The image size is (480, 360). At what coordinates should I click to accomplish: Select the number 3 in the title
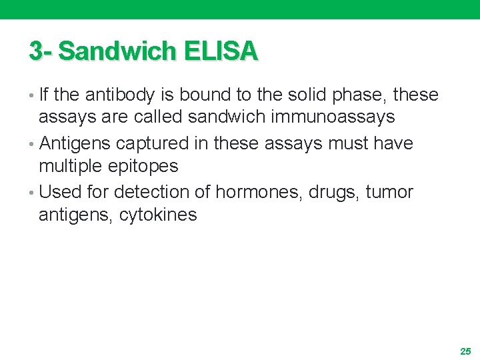(x=36, y=51)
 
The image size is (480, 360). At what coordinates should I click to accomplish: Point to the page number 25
(x=465, y=351)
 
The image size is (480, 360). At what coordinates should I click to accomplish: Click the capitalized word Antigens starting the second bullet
(x=76, y=144)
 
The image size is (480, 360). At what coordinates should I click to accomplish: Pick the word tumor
(x=389, y=193)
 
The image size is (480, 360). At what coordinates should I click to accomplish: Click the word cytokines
(x=158, y=215)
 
